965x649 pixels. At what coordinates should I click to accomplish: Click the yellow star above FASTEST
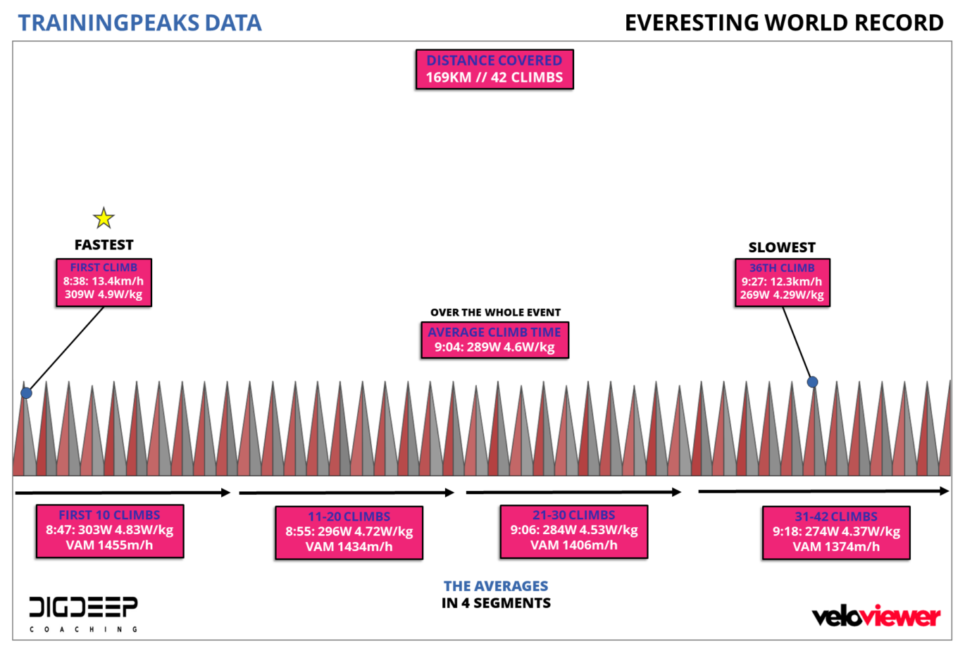(x=104, y=218)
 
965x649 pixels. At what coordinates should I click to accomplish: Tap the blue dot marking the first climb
(x=26, y=393)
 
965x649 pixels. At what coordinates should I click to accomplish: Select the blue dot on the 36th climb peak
(x=812, y=382)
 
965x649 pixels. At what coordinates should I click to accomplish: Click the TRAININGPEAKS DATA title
(x=139, y=23)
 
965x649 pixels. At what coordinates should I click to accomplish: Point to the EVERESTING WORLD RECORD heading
(x=783, y=23)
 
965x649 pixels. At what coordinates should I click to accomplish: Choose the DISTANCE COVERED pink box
(x=494, y=69)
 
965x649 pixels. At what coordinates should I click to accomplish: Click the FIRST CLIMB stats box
(x=104, y=282)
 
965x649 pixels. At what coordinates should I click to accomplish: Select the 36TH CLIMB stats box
(x=782, y=282)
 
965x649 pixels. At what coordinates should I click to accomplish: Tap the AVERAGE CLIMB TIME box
(x=494, y=340)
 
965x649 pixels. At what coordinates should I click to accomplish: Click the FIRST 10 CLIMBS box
(x=110, y=531)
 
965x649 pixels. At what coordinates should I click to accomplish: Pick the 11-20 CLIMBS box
(x=349, y=532)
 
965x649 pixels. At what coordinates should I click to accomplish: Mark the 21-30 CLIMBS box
(x=573, y=531)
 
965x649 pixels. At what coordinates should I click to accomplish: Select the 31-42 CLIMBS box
(x=835, y=532)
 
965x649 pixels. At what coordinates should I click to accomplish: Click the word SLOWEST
(x=782, y=247)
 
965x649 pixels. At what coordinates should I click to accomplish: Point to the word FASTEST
(x=104, y=245)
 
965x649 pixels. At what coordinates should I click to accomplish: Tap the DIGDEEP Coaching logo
(x=83, y=613)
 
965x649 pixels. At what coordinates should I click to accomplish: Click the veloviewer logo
(x=876, y=617)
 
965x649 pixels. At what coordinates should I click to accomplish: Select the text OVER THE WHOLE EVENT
(x=495, y=312)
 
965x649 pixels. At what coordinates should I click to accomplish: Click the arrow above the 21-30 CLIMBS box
(x=573, y=492)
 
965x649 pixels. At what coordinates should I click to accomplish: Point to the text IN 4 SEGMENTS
(x=496, y=603)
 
